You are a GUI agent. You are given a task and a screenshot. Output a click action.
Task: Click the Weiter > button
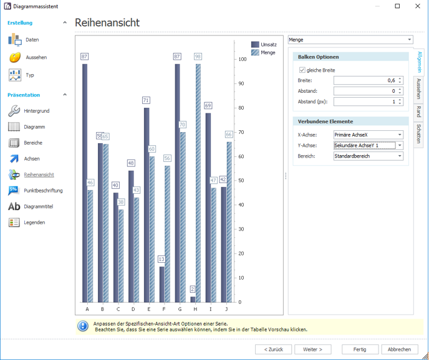312,349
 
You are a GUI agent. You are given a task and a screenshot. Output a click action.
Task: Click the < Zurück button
273,349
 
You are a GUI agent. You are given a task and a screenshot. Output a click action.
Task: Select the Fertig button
360,349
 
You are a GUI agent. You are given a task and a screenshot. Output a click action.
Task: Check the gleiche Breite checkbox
302,70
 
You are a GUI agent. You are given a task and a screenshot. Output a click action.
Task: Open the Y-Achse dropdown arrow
400,145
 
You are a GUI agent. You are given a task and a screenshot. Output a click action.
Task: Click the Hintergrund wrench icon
14,111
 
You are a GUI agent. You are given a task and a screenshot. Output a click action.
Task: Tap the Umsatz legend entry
264,44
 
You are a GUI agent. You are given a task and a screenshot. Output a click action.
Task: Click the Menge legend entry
263,52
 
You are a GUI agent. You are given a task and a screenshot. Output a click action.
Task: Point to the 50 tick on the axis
241,181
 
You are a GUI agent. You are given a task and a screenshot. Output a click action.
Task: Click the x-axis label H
195,309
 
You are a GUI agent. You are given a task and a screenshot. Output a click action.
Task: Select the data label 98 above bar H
198,57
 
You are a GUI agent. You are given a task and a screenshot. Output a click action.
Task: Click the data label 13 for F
161,259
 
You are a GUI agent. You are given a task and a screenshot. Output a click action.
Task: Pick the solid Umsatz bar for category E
147,205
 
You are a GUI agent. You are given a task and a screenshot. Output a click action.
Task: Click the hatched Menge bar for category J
229,222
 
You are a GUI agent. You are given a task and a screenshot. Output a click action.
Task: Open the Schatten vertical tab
418,134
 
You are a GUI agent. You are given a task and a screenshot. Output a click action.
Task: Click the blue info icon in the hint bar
83,326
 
